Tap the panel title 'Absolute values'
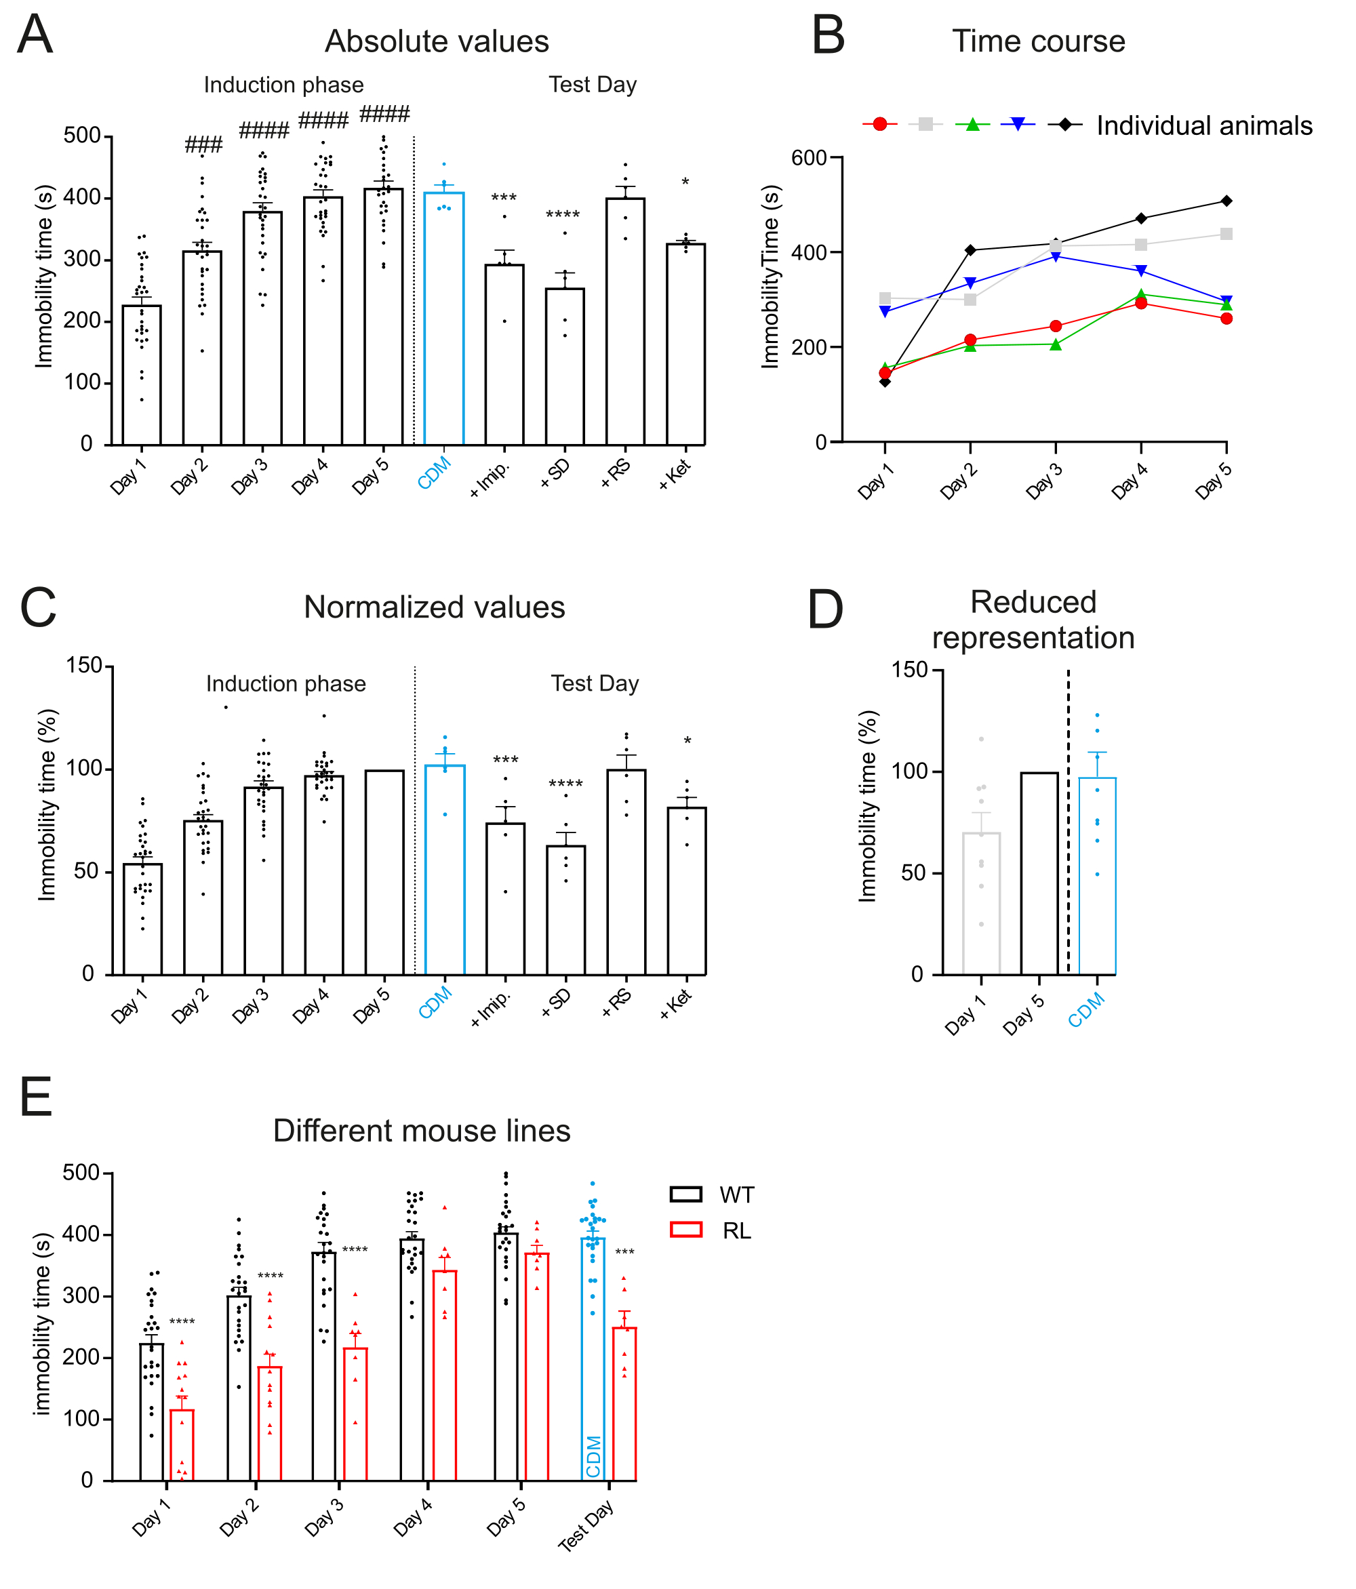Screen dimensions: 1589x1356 437,41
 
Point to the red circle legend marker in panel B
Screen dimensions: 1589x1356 880,124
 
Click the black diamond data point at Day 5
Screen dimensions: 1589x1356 1226,201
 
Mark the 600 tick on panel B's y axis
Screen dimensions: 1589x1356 808,158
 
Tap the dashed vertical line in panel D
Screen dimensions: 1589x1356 1068,820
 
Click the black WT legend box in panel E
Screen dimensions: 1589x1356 685,1194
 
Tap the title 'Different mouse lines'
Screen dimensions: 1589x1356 421,1131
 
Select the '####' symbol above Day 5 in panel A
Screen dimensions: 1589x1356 384,115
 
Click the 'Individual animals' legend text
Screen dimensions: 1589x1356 1203,126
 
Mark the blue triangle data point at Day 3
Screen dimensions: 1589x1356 1056,256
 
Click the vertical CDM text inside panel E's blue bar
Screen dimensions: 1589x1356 593,1456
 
